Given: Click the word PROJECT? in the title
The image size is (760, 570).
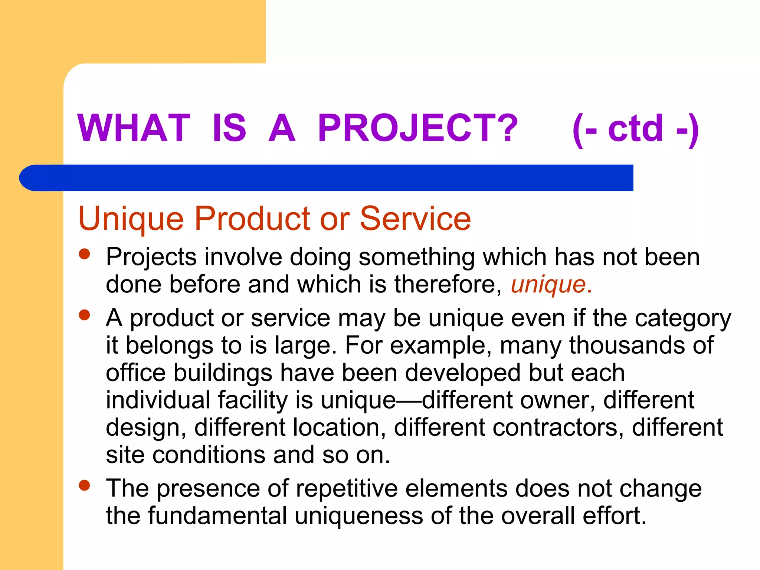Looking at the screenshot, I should (417, 128).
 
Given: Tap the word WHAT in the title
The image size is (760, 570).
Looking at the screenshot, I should (134, 128).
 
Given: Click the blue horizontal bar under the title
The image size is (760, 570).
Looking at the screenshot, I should (327, 178).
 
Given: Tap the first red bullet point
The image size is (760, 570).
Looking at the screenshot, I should (85, 254).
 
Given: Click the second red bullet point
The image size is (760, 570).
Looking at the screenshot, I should (85, 315).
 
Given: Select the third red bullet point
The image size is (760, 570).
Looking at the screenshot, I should (85, 485).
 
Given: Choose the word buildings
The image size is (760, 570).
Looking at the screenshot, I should (223, 373).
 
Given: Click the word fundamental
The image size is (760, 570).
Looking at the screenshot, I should (217, 516).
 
